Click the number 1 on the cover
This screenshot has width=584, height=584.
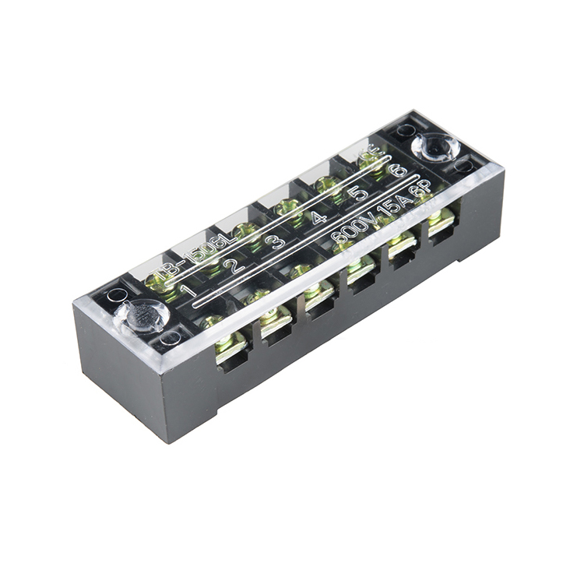click(x=188, y=292)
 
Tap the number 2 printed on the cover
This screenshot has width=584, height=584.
click(x=230, y=266)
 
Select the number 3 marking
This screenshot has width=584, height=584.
click(x=274, y=241)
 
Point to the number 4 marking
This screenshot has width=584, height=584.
click(x=318, y=216)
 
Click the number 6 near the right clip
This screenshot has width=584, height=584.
click(x=398, y=169)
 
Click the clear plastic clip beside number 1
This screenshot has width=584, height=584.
click(x=141, y=316)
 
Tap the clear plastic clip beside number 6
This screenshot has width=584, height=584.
click(x=435, y=146)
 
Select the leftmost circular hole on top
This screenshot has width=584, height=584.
click(x=118, y=295)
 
